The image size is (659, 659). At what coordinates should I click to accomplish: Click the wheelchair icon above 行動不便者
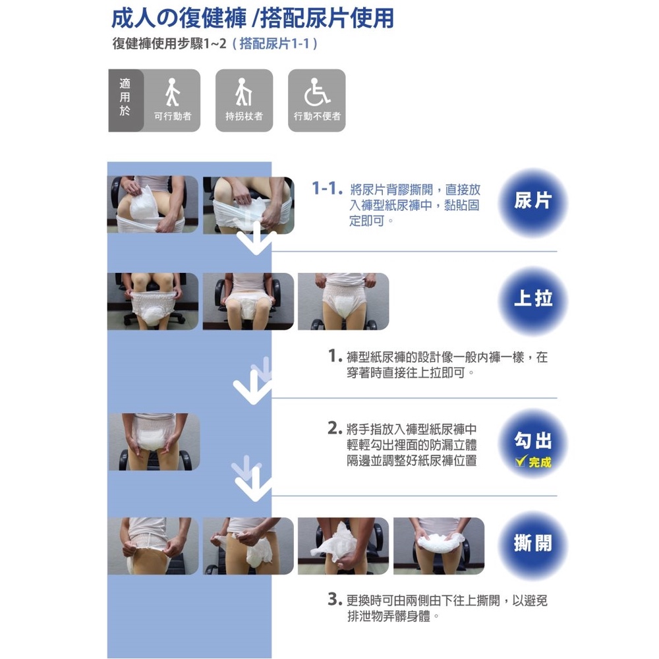tap(316, 92)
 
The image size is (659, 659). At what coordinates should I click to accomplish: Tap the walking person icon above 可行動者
tap(172, 92)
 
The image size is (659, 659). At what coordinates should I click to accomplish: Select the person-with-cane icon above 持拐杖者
tap(243, 92)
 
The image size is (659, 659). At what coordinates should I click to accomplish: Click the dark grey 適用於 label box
tap(126, 100)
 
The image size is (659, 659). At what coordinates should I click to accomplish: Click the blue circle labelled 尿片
tap(532, 202)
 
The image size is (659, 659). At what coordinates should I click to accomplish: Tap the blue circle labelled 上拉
tap(532, 300)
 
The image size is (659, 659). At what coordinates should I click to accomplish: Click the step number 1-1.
tap(327, 188)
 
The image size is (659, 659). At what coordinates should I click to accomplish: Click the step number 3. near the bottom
tap(335, 599)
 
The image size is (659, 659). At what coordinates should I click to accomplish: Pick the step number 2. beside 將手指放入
tap(335, 428)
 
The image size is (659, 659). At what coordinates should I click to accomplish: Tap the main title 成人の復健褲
tap(179, 18)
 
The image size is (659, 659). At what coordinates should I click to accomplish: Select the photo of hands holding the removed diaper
tap(439, 546)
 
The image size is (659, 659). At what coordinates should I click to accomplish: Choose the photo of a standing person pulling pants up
tap(343, 301)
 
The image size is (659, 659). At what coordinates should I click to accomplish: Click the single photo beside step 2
tap(154, 442)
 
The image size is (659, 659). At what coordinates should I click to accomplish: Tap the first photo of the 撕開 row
tap(153, 546)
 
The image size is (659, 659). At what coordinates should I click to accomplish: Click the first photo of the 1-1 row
tap(153, 204)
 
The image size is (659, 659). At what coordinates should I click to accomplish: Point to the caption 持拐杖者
tap(244, 117)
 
